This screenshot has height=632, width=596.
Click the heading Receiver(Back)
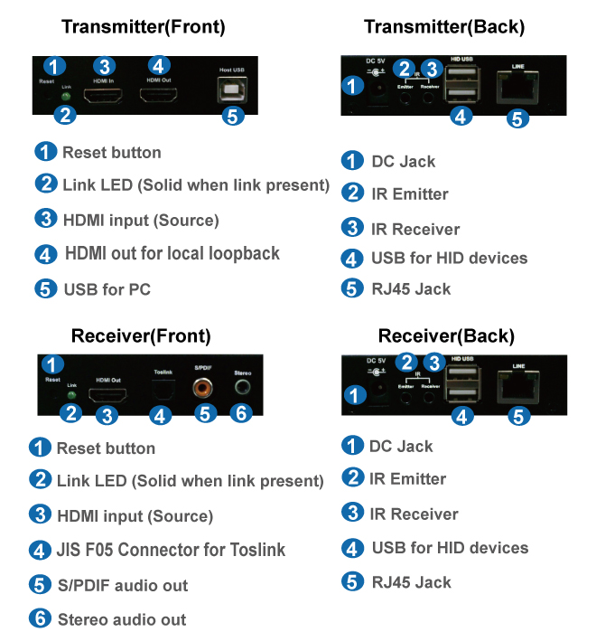[446, 336]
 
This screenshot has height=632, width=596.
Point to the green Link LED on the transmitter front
[65, 96]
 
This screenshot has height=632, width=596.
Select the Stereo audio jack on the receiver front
[241, 387]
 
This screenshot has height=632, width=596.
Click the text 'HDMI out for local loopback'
[172, 253]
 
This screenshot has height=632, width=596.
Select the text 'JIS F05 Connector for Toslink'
[171, 549]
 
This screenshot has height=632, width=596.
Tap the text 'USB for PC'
[107, 289]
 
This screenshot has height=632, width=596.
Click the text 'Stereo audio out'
[122, 619]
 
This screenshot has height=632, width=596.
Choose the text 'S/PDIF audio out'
[122, 585]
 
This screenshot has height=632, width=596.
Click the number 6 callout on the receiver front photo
[240, 412]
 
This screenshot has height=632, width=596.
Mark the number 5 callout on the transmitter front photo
[233, 116]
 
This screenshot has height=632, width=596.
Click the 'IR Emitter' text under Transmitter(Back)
[409, 193]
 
